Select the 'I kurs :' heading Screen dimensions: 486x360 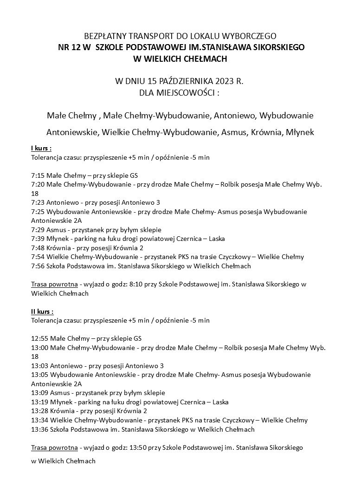pyautogui.click(x=41, y=148)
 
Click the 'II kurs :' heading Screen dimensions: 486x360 pyautogui.click(x=42, y=311)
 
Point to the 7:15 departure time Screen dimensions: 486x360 pyautogui.click(x=37, y=175)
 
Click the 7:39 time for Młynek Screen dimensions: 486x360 pyautogui.click(x=37, y=239)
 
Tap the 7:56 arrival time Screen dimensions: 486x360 pyautogui.click(x=37, y=266)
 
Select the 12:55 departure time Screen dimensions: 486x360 pyautogui.click(x=39, y=338)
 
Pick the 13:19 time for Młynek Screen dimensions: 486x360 pyautogui.click(x=39, y=402)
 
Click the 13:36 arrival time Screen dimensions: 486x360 pyautogui.click(x=39, y=429)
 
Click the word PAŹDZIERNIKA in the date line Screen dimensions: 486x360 pyautogui.click(x=179, y=81)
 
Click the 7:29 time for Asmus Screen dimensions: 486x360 pyautogui.click(x=37, y=230)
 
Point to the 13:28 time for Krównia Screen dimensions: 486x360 pyautogui.click(x=39, y=411)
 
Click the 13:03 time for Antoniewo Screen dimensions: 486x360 pyautogui.click(x=39, y=366)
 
